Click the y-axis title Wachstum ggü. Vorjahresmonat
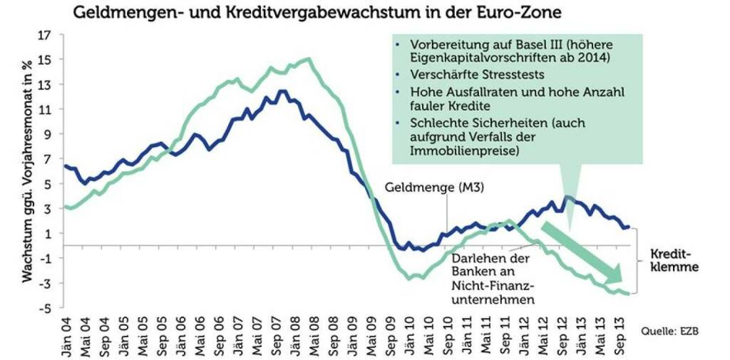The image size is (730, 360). [29, 171]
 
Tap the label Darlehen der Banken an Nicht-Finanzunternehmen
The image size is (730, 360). [492, 279]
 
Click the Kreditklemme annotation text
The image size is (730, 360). [674, 261]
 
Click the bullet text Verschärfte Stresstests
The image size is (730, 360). [472, 75]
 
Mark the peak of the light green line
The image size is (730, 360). [307, 59]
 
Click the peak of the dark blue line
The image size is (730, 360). [281, 91]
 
